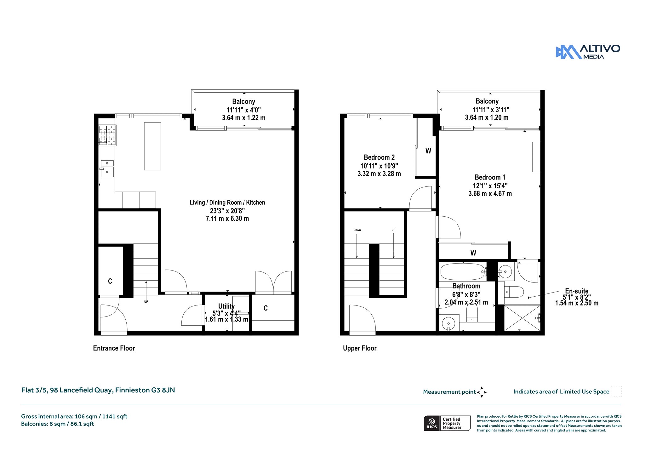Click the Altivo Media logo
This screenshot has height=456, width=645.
click(588, 52)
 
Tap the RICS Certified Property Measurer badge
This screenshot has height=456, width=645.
click(447, 423)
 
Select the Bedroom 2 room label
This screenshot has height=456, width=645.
click(379, 157)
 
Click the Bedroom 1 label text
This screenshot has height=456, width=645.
click(490, 177)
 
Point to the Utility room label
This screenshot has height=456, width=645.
click(226, 306)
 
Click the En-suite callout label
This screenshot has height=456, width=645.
click(577, 291)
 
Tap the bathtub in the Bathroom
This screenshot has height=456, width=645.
click(463, 271)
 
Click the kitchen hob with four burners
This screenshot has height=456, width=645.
click(107, 135)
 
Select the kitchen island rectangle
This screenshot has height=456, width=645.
click(152, 146)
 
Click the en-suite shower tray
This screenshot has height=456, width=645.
click(522, 318)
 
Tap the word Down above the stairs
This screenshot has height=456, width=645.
click(357, 230)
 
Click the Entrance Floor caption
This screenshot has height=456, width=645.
click(114, 348)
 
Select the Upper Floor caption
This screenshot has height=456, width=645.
click(360, 348)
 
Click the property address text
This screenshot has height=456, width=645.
click(98, 390)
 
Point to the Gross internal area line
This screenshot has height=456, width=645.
click(74, 416)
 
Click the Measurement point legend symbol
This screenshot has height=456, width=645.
click(482, 392)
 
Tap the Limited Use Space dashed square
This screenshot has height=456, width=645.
click(617, 391)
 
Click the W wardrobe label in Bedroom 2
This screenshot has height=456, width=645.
click(428, 151)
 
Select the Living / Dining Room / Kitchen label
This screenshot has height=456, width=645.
click(227, 202)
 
